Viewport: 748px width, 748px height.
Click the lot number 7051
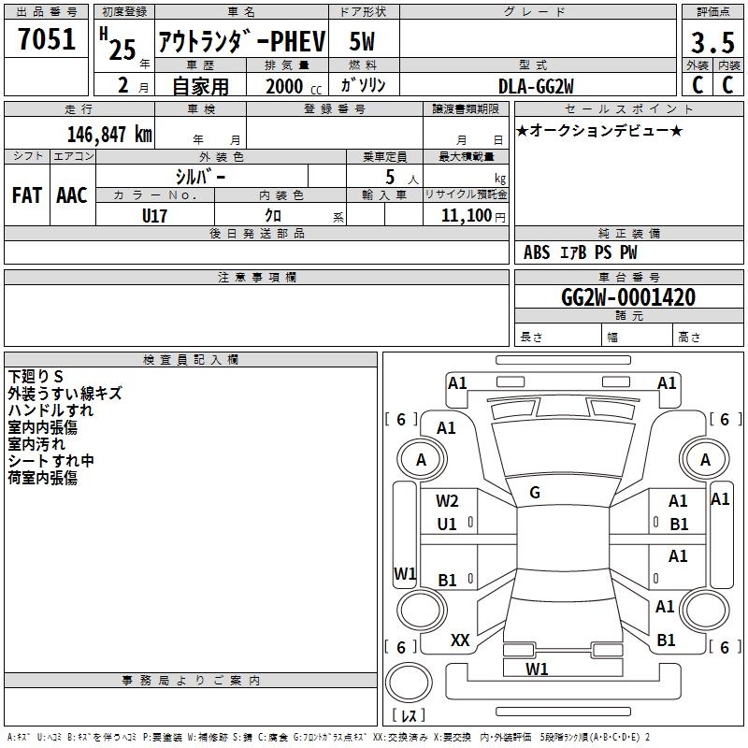(x=47, y=39)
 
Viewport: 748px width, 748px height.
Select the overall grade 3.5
(x=712, y=42)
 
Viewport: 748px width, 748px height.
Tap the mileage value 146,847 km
(x=109, y=135)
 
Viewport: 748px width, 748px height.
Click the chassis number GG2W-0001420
(x=628, y=297)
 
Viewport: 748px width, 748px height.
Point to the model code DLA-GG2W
(x=536, y=86)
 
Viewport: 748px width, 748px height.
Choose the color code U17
(x=154, y=216)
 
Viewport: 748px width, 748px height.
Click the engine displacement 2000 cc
(x=294, y=86)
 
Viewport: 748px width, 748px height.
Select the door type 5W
(x=362, y=41)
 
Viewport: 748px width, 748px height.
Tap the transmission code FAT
(x=27, y=195)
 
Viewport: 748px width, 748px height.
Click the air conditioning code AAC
(x=72, y=195)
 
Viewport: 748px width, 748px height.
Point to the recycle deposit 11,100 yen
(x=473, y=216)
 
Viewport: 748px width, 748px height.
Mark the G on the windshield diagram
(x=535, y=493)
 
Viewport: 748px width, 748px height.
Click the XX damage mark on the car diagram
(x=460, y=640)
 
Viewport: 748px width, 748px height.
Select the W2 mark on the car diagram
(x=447, y=501)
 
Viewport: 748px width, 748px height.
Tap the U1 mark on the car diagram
(x=447, y=525)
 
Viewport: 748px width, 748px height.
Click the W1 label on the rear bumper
(x=537, y=669)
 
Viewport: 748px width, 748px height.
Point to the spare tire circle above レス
(x=409, y=683)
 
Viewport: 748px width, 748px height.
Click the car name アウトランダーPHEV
(x=242, y=41)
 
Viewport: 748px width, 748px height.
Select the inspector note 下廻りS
(x=36, y=377)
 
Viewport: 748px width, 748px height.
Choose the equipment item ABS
(x=537, y=252)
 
